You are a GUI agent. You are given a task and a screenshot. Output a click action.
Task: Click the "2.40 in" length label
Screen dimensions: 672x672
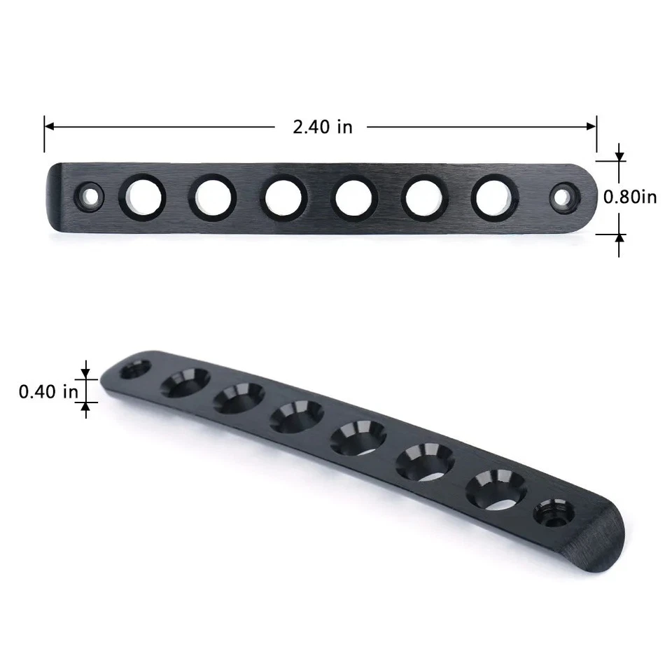322,127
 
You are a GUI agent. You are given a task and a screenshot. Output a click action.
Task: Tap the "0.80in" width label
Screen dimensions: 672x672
630,197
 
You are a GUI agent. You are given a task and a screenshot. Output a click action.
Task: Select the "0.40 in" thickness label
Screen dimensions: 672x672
48,391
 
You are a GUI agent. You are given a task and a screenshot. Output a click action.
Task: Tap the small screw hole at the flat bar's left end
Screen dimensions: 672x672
90,196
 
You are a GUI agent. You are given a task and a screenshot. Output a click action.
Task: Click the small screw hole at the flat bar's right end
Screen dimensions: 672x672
562,197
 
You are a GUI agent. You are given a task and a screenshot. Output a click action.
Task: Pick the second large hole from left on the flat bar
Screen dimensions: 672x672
211,197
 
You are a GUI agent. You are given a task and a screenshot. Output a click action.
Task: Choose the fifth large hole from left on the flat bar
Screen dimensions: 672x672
423,197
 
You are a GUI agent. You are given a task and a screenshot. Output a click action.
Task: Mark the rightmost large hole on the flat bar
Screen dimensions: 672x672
494,197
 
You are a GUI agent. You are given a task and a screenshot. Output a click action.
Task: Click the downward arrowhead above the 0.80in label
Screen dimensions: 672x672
619,157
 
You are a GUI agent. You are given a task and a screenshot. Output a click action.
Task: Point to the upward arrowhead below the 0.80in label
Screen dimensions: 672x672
619,238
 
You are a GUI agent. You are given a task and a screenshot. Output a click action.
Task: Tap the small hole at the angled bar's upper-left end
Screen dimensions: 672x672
134,369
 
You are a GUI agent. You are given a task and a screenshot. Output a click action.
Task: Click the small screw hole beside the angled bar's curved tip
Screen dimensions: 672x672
554,517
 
